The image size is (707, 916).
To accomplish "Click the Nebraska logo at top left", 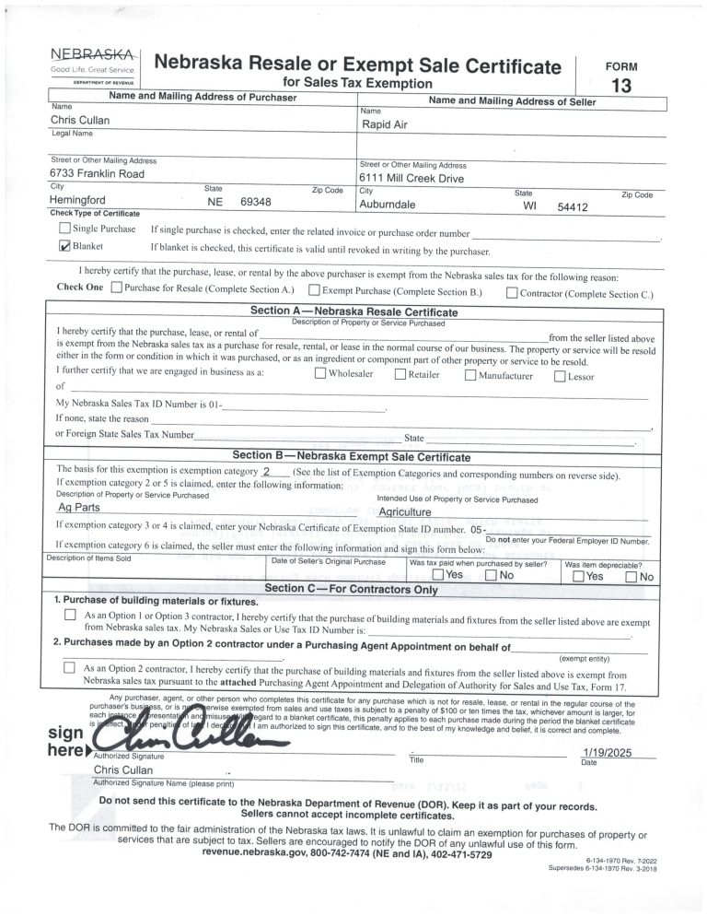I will coord(92,65).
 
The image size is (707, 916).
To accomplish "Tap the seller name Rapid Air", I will coord(385,124).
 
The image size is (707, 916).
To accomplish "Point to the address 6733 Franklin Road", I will coord(97,173).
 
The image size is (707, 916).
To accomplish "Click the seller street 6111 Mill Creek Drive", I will coord(411,179).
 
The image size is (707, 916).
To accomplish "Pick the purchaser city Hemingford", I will coord(78,200).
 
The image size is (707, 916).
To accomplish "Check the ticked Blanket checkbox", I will coord(64,246).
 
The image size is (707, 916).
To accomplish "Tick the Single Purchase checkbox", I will coord(64,229).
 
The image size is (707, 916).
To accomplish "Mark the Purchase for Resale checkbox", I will coord(116,288).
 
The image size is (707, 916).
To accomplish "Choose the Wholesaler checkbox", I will coord(319,374).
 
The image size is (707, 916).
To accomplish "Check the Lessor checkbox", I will coord(559,375).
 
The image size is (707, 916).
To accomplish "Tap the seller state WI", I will coord(529,207).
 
